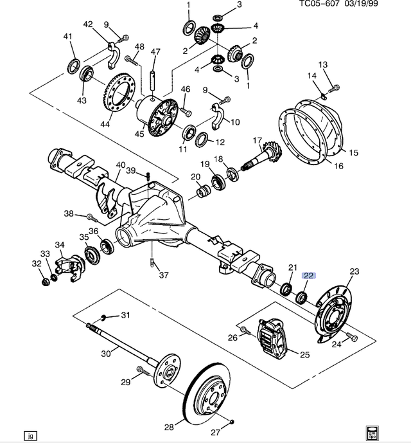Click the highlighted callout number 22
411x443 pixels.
coord(308,275)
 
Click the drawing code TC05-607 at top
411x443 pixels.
coord(319,4)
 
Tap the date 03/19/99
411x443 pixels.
coord(361,4)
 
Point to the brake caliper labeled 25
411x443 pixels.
coord(272,338)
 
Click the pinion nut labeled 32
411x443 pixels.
coord(46,282)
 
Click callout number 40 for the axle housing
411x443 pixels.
coord(121,165)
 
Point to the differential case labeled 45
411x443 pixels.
coord(157,116)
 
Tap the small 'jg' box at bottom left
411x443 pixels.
coord(30,435)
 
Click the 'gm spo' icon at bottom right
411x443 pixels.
coord(372,432)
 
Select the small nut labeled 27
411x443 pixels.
coord(232,422)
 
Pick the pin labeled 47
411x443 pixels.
coord(153,81)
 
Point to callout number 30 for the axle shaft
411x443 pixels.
coord(106,354)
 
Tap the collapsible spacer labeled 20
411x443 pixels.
coord(203,191)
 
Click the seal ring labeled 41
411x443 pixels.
coord(74,67)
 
